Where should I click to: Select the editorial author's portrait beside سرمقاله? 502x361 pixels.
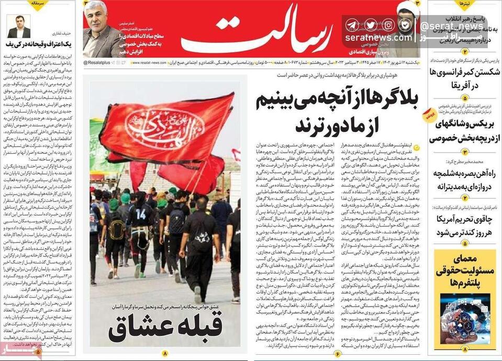[18, 27]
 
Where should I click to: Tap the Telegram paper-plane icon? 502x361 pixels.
[352, 25]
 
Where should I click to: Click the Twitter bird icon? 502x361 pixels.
[370, 25]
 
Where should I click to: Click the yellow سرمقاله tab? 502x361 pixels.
[37, 4]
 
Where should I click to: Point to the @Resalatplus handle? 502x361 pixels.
[96, 63]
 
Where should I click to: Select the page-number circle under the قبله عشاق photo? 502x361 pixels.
[165, 354]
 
